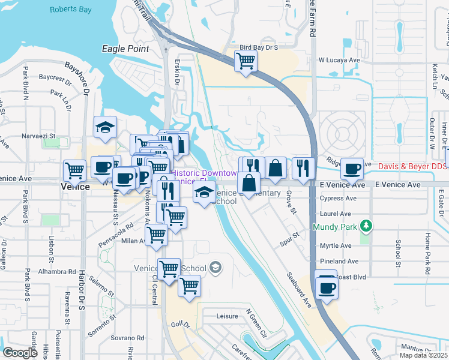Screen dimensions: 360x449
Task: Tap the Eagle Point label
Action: click(125, 49)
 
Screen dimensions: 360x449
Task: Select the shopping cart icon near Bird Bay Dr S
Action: click(246, 61)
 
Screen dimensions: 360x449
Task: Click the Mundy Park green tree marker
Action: click(364, 227)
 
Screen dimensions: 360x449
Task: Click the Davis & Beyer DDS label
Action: click(414, 165)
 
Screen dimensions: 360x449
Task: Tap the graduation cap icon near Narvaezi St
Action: click(105, 127)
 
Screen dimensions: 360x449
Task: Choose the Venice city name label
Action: click(76, 187)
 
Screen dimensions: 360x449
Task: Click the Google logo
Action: click(20, 353)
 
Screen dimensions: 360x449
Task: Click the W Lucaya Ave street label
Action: click(339, 60)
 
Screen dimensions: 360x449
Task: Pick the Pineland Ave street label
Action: click(339, 262)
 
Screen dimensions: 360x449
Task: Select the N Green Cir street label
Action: click(256, 322)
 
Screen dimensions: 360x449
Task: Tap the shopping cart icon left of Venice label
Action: click(74, 170)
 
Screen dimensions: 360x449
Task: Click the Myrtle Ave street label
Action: click(336, 246)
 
